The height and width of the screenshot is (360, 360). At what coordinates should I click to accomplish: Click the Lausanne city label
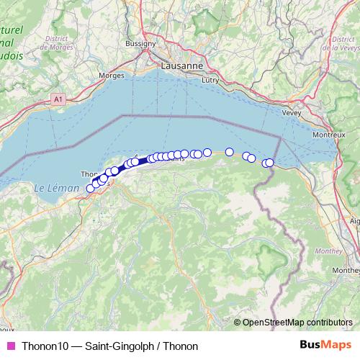pyautogui.click(x=181, y=66)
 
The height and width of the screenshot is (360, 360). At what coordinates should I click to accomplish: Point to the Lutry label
pyautogui.click(x=210, y=81)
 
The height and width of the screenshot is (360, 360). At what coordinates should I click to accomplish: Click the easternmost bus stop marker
pyautogui.click(x=270, y=163)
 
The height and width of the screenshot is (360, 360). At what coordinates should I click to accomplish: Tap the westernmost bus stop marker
pyautogui.click(x=91, y=189)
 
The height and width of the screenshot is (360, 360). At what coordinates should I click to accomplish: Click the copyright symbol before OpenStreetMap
pyautogui.click(x=238, y=323)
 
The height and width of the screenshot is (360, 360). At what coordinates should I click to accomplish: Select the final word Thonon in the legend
pyautogui.click(x=181, y=346)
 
